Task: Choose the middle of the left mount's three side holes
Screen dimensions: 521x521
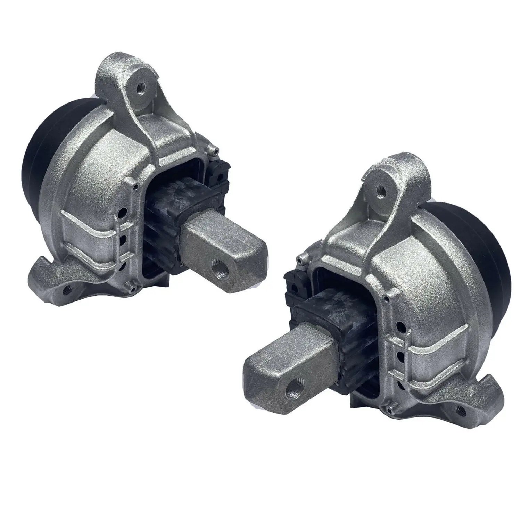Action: [122, 239]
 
